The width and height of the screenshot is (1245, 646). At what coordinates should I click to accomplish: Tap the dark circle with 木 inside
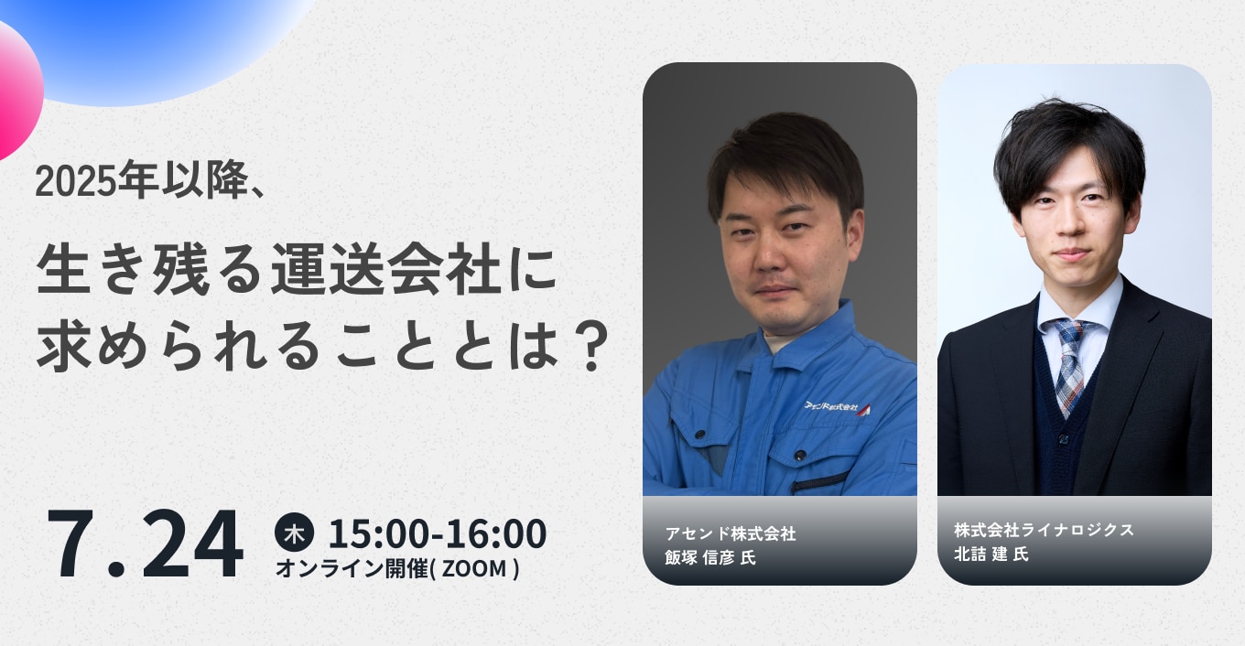point(294,533)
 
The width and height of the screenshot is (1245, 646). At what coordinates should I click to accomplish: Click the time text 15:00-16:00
point(438,533)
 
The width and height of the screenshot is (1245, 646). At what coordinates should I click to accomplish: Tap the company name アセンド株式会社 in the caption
point(731,533)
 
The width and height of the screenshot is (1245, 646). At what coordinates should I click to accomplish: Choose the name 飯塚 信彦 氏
point(710,557)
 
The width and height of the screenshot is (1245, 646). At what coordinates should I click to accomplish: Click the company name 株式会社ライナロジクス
point(1044,530)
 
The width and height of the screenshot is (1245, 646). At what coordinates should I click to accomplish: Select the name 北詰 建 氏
point(991,554)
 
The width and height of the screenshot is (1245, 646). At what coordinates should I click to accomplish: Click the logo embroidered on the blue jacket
point(837,407)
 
